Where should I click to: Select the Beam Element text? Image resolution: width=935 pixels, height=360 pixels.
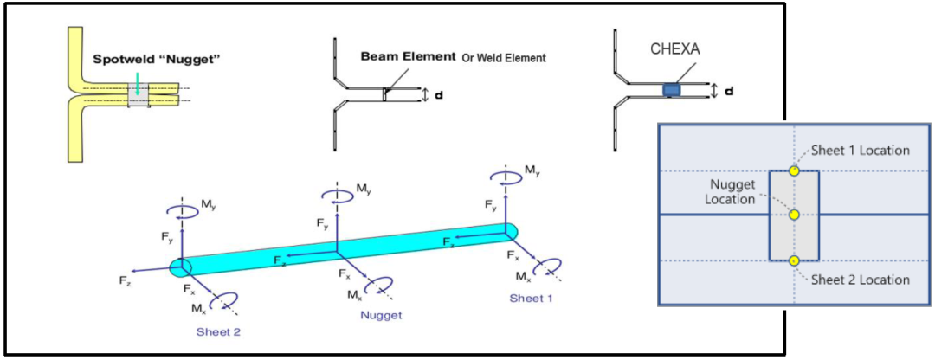(x=408, y=56)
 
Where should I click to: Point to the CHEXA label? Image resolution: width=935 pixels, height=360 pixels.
(x=674, y=50)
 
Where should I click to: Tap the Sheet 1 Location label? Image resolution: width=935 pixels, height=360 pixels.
(x=861, y=150)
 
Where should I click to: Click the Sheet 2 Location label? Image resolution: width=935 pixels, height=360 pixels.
(x=861, y=280)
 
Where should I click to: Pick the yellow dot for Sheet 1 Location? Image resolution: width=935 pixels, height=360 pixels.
(x=794, y=171)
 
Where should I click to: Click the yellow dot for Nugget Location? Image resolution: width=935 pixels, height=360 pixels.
(x=794, y=215)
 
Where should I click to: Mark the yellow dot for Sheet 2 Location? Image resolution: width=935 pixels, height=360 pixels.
(x=794, y=260)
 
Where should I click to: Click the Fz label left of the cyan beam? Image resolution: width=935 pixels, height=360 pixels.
(x=126, y=281)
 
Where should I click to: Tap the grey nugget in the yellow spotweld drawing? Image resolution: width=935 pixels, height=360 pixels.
(x=138, y=95)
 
